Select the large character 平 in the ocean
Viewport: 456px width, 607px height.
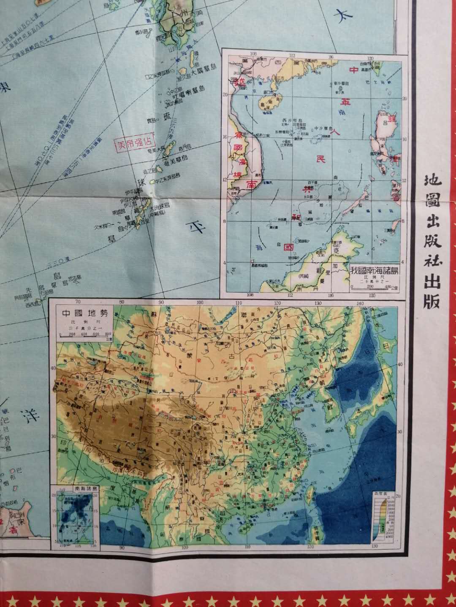(195, 229)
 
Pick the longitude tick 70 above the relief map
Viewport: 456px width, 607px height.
(78, 302)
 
